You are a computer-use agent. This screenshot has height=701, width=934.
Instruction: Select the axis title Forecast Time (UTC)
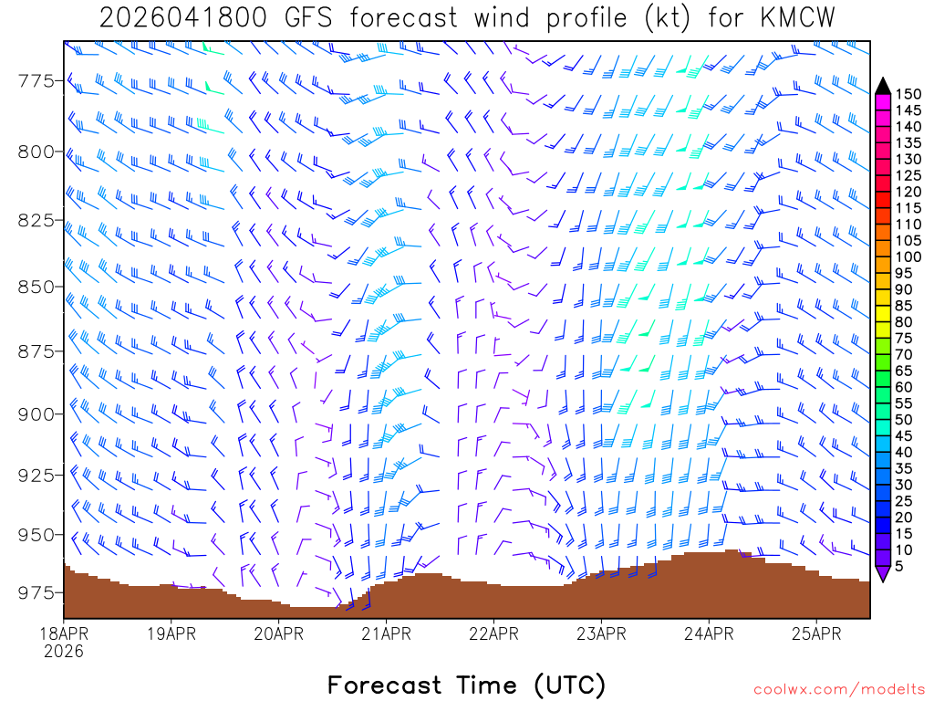click(466, 685)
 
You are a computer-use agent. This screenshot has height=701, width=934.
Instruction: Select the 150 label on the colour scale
click(908, 94)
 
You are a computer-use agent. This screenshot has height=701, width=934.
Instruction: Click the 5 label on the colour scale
click(900, 567)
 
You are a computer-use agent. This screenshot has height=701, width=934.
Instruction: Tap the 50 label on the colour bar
click(905, 420)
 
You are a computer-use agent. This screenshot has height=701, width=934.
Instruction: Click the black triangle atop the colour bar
click(883, 86)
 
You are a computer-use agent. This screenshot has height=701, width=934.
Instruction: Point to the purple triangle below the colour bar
click(883, 574)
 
